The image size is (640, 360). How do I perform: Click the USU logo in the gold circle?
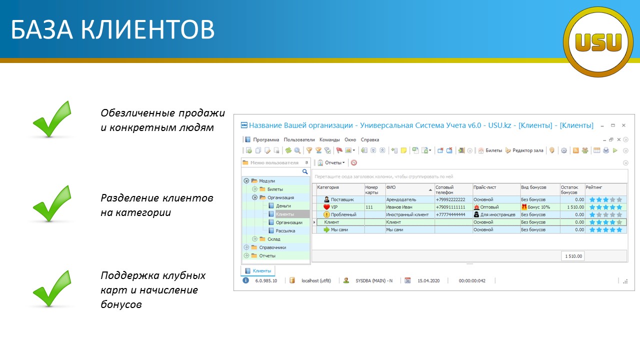[x=598, y=42]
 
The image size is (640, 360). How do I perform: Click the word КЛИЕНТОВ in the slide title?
[x=147, y=29]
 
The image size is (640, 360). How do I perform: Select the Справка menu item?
[x=369, y=139]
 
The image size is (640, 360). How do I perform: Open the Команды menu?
[x=329, y=139]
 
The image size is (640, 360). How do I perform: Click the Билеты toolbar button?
[x=490, y=150]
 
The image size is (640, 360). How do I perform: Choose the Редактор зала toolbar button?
[x=524, y=150]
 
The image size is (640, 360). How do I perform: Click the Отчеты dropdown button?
[x=331, y=162]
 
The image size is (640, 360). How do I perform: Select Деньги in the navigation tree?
[x=283, y=205]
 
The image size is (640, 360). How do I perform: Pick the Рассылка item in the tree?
[x=285, y=230]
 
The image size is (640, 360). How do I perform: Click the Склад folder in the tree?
[x=273, y=239]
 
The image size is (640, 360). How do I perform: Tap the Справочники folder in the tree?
[x=272, y=247]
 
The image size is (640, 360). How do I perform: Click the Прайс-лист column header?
[x=485, y=187]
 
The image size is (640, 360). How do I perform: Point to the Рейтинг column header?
[x=593, y=187]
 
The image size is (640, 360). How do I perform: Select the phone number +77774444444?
[x=450, y=214]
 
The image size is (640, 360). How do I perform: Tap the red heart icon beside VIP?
[x=326, y=207]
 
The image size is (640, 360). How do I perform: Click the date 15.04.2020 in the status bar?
[x=428, y=280]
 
